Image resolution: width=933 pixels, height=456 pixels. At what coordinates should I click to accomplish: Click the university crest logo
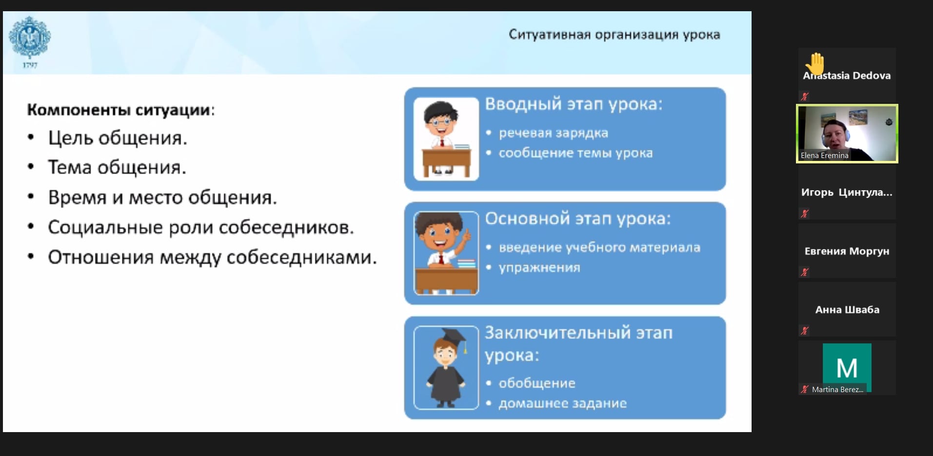coord(30,38)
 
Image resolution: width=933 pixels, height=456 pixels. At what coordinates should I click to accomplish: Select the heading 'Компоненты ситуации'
coord(119,110)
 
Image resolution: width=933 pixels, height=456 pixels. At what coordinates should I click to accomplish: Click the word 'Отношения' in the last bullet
coord(100,258)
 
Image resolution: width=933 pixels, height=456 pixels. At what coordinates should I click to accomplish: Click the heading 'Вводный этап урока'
coord(574,104)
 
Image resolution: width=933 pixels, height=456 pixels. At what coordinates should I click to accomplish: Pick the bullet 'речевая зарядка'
coord(553,133)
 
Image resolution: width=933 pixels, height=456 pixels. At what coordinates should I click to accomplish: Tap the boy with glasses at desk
coord(446,139)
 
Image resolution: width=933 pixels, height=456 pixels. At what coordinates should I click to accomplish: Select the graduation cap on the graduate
coord(453,337)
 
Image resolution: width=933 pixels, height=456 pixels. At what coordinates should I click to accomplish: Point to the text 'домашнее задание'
coord(562,403)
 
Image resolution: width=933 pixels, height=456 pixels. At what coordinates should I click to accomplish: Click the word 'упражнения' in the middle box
coord(539,268)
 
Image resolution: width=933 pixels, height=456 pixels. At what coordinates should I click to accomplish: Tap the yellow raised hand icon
coord(815,63)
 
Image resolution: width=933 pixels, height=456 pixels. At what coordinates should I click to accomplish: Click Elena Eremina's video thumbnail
coord(847,134)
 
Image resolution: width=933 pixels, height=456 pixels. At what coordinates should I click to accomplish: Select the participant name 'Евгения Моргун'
coord(847,251)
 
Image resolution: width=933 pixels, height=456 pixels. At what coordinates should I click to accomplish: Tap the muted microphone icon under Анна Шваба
coord(805,331)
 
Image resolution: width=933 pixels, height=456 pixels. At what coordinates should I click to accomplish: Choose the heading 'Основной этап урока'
coord(578,219)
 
